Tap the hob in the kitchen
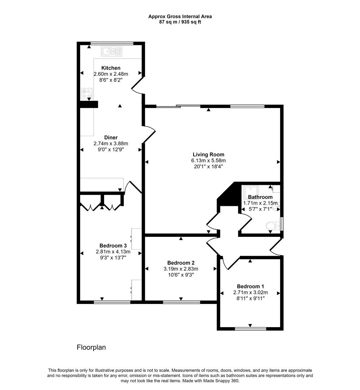point(87,94)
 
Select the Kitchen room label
point(111,68)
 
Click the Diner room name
point(111,137)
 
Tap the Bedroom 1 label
point(250,286)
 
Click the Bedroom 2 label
point(181,263)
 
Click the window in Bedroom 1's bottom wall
point(250,328)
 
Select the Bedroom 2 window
point(181,301)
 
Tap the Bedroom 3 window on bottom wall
point(112,302)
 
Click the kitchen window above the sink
point(112,43)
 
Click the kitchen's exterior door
point(138,85)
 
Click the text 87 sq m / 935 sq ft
point(180,22)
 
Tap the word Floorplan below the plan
point(91,347)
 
